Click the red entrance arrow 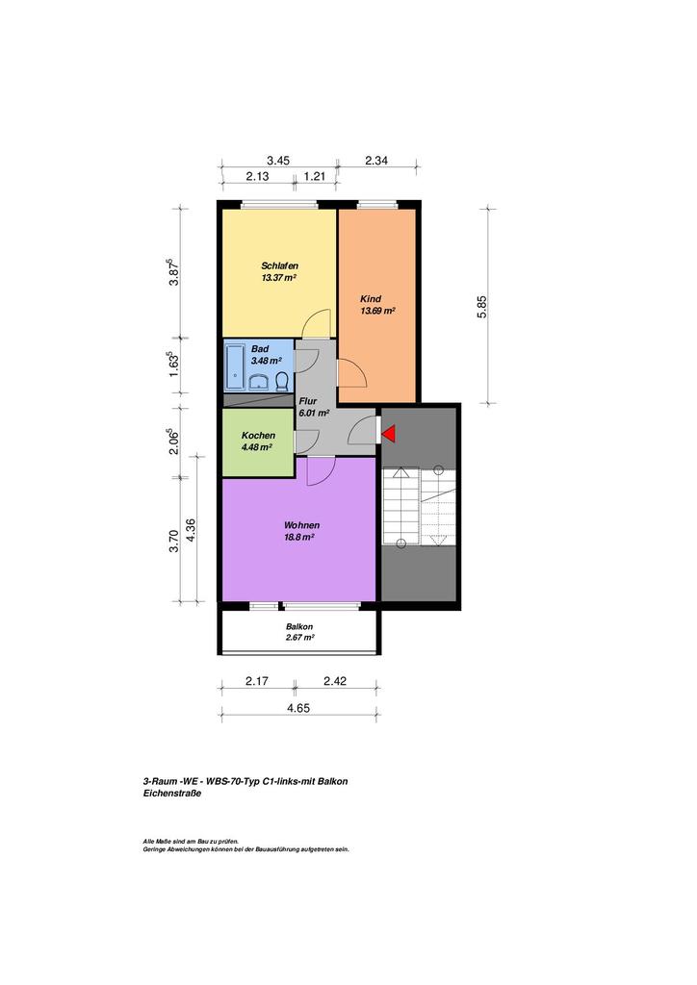(x=388, y=434)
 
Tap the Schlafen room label (x=280, y=265)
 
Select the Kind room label (x=371, y=299)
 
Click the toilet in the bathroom (x=282, y=381)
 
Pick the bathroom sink (x=259, y=382)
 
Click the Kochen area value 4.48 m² (x=256, y=447)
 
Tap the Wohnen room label (x=301, y=525)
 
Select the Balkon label (x=299, y=626)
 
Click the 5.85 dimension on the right (x=482, y=307)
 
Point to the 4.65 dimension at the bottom (x=298, y=708)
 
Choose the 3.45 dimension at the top (x=278, y=161)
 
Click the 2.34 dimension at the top (x=376, y=161)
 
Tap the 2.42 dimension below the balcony (x=335, y=681)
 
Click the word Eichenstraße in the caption (x=172, y=794)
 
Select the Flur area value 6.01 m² (x=314, y=413)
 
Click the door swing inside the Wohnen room (x=321, y=471)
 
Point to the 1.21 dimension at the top (x=315, y=177)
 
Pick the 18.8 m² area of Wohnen (x=299, y=537)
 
